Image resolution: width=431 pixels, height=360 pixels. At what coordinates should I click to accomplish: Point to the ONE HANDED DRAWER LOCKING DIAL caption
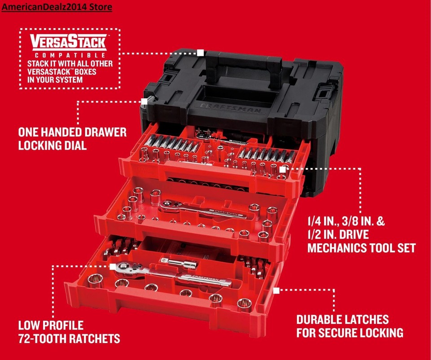pos(72,139)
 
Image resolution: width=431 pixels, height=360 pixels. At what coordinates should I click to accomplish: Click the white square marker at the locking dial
pos(144,101)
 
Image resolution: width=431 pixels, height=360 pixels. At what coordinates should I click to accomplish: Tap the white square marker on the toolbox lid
pos(200,53)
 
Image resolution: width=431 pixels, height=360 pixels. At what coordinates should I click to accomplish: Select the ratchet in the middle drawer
pos(202,207)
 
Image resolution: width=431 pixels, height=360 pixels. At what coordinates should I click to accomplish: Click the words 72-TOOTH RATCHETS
pos(69,338)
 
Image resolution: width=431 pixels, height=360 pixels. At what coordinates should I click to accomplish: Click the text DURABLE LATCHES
pos(342,320)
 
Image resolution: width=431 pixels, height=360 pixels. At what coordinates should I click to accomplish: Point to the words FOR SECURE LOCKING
pos(349,333)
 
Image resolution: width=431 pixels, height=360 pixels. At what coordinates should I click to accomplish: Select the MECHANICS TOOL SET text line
pos(361,247)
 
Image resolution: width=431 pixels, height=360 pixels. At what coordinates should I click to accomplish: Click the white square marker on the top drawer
pos(282,170)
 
